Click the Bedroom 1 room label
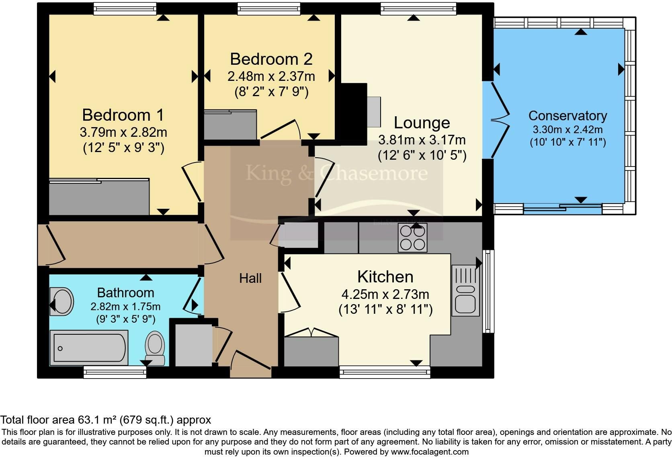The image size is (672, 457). pyautogui.click(x=123, y=115)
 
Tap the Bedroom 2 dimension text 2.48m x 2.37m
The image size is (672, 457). pyautogui.click(x=271, y=76)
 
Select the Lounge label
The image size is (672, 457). pyautogui.click(x=422, y=123)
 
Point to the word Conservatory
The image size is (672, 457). pyautogui.click(x=568, y=115)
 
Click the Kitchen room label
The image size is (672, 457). pyautogui.click(x=385, y=276)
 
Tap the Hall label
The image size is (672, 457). pyautogui.click(x=250, y=278)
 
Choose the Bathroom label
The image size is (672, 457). pyautogui.click(x=125, y=292)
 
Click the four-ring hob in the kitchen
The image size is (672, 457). pyautogui.click(x=412, y=238)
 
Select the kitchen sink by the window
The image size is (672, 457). pyautogui.click(x=465, y=291)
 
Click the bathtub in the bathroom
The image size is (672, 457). pyautogui.click(x=89, y=348)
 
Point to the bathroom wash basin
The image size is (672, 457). pyautogui.click(x=61, y=301)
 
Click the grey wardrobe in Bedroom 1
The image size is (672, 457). pyautogui.click(x=99, y=197)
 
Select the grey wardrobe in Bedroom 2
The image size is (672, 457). pyautogui.click(x=230, y=124)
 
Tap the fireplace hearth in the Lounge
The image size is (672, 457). pyautogui.click(x=374, y=112)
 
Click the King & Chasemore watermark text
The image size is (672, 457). pyautogui.click(x=336, y=173)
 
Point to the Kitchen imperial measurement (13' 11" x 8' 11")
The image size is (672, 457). pyautogui.click(x=385, y=309)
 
